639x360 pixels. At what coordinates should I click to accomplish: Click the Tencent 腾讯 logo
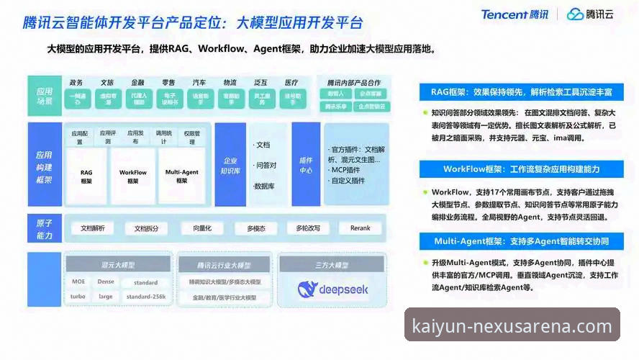pos(515,14)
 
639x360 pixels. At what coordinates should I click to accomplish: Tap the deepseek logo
pos(332,289)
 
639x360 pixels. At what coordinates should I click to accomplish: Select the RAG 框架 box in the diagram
pos(86,176)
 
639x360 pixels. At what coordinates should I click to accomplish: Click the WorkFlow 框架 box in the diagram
pos(133,176)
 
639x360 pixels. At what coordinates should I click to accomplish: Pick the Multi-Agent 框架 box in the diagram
pos(182,176)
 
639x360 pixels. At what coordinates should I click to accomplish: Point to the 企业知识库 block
pos(230,166)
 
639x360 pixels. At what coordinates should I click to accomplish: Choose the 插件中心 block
pos(306,166)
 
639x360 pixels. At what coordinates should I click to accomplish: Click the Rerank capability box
pos(360,228)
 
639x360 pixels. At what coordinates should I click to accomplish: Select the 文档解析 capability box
pos(92,228)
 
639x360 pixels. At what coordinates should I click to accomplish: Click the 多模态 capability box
pos(256,228)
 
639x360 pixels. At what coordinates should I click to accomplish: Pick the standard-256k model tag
pos(146,297)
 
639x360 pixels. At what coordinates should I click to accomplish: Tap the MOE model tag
pos(78,282)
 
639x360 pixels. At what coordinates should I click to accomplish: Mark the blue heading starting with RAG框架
pos(522,92)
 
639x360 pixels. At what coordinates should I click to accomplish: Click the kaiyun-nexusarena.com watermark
pos(512,325)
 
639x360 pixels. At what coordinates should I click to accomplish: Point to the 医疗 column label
pos(291,83)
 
